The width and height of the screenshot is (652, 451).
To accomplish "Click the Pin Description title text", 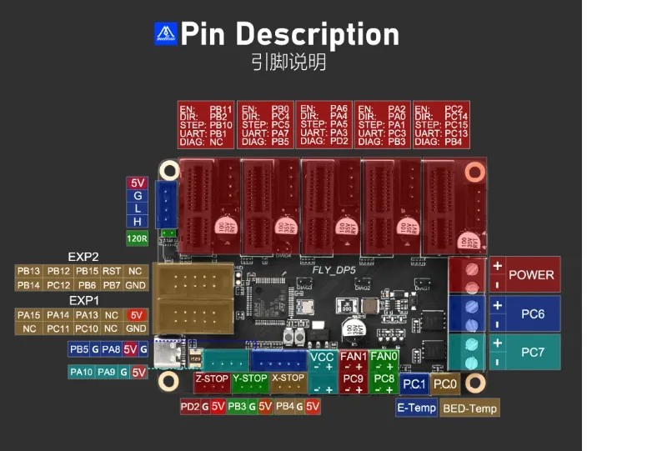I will [289, 34].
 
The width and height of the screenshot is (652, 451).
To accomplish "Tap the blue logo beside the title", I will [166, 33].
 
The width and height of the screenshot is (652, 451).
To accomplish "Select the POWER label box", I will [531, 275].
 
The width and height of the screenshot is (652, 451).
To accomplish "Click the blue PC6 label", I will [533, 313].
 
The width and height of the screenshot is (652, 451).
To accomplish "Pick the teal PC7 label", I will [533, 353].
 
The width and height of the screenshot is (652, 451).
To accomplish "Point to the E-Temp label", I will [416, 408].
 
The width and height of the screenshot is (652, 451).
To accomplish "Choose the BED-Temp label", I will [470, 408].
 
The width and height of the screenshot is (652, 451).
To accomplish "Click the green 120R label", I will [137, 238].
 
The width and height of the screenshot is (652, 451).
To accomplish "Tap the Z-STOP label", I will [212, 378].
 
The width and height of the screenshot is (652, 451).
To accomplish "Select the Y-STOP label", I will [249, 378].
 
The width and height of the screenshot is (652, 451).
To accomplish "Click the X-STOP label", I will [288, 378].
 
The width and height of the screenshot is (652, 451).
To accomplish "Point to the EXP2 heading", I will [83, 257].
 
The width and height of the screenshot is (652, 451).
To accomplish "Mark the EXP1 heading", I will [83, 300].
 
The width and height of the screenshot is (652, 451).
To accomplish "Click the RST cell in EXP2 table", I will [112, 271].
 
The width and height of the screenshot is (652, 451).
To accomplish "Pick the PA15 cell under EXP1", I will [29, 315].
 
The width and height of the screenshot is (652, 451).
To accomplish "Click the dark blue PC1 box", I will [414, 383].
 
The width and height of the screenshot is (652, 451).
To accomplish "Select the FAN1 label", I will [354, 357].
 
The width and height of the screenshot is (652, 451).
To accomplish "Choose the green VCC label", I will [322, 357].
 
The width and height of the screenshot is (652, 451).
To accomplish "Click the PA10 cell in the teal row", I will [81, 373].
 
